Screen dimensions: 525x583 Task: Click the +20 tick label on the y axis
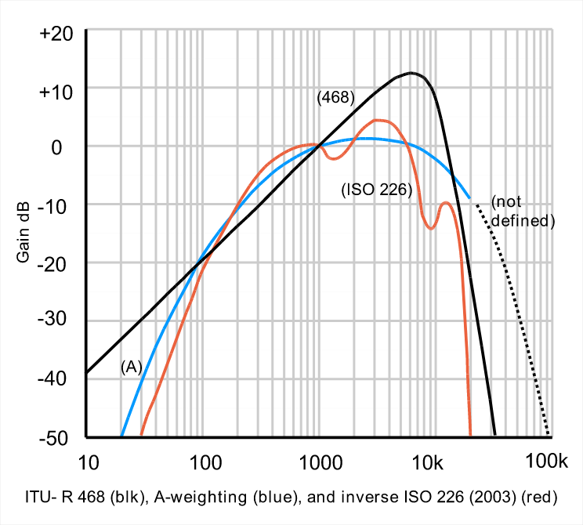coord(56,36)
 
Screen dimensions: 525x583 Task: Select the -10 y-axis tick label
coord(58,205)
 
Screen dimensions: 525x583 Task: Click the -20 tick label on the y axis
coord(58,262)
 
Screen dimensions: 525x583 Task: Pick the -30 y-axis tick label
coord(58,320)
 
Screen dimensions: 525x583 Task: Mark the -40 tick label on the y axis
coord(58,378)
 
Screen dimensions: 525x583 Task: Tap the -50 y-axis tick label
coord(58,436)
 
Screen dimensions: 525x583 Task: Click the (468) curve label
coord(336,99)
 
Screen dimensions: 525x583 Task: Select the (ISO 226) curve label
coord(376,189)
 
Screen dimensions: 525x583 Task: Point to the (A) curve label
coord(132,366)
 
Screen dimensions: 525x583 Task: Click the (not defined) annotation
coord(523,212)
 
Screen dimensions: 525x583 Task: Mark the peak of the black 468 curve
coord(412,73)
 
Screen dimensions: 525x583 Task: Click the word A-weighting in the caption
coord(191,497)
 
